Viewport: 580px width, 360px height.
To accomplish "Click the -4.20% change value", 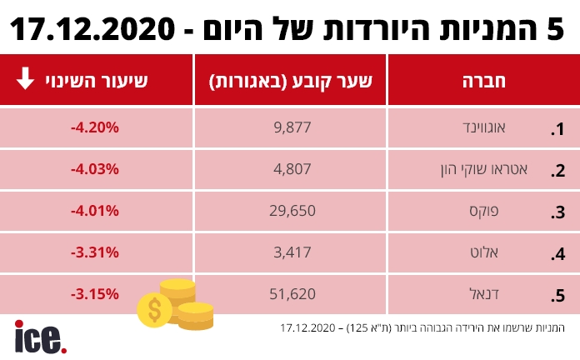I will click(x=95, y=128).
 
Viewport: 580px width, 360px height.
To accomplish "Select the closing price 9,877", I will click(x=291, y=128).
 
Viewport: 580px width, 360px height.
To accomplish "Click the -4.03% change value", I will click(x=95, y=169).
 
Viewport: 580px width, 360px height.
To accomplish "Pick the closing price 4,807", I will click(x=291, y=169).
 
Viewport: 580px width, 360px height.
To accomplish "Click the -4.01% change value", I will click(x=95, y=211).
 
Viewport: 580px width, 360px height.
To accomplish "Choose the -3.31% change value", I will click(x=95, y=252).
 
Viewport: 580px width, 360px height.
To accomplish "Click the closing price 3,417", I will click(x=291, y=252).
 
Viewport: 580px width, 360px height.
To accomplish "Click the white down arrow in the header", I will click(x=25, y=79).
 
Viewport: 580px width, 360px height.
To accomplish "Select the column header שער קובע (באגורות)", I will click(x=290, y=81).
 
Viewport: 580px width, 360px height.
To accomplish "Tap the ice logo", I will click(x=39, y=337).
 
